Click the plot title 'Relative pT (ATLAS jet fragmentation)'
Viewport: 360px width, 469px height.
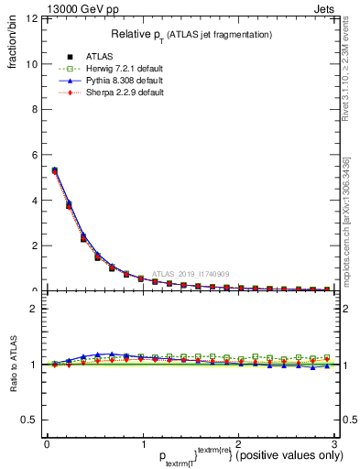click(191, 35)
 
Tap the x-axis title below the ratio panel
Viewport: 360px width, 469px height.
click(191, 453)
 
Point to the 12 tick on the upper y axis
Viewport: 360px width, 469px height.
click(33, 19)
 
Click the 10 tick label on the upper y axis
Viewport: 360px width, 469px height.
click(33, 64)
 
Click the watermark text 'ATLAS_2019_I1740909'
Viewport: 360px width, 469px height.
click(192, 273)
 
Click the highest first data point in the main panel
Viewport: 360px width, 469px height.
click(55, 170)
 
